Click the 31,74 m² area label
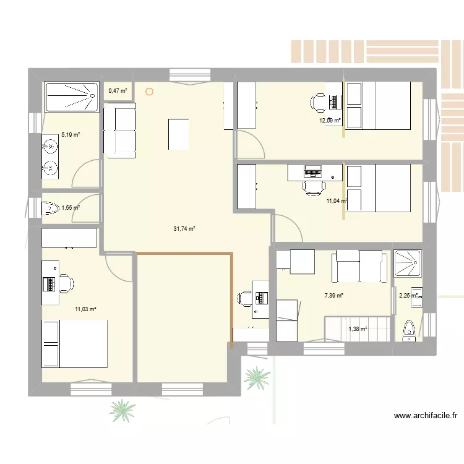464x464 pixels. pos(184,229)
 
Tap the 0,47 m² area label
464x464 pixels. pos(118,92)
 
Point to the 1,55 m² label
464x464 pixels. pos(70,208)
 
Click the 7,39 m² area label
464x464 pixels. pos(333,296)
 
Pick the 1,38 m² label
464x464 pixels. pos(358,329)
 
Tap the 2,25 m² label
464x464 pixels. pos(408,296)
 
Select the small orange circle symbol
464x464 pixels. pos(148,92)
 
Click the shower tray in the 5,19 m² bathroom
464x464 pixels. pos(71,97)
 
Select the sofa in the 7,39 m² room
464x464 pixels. pos(359,265)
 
